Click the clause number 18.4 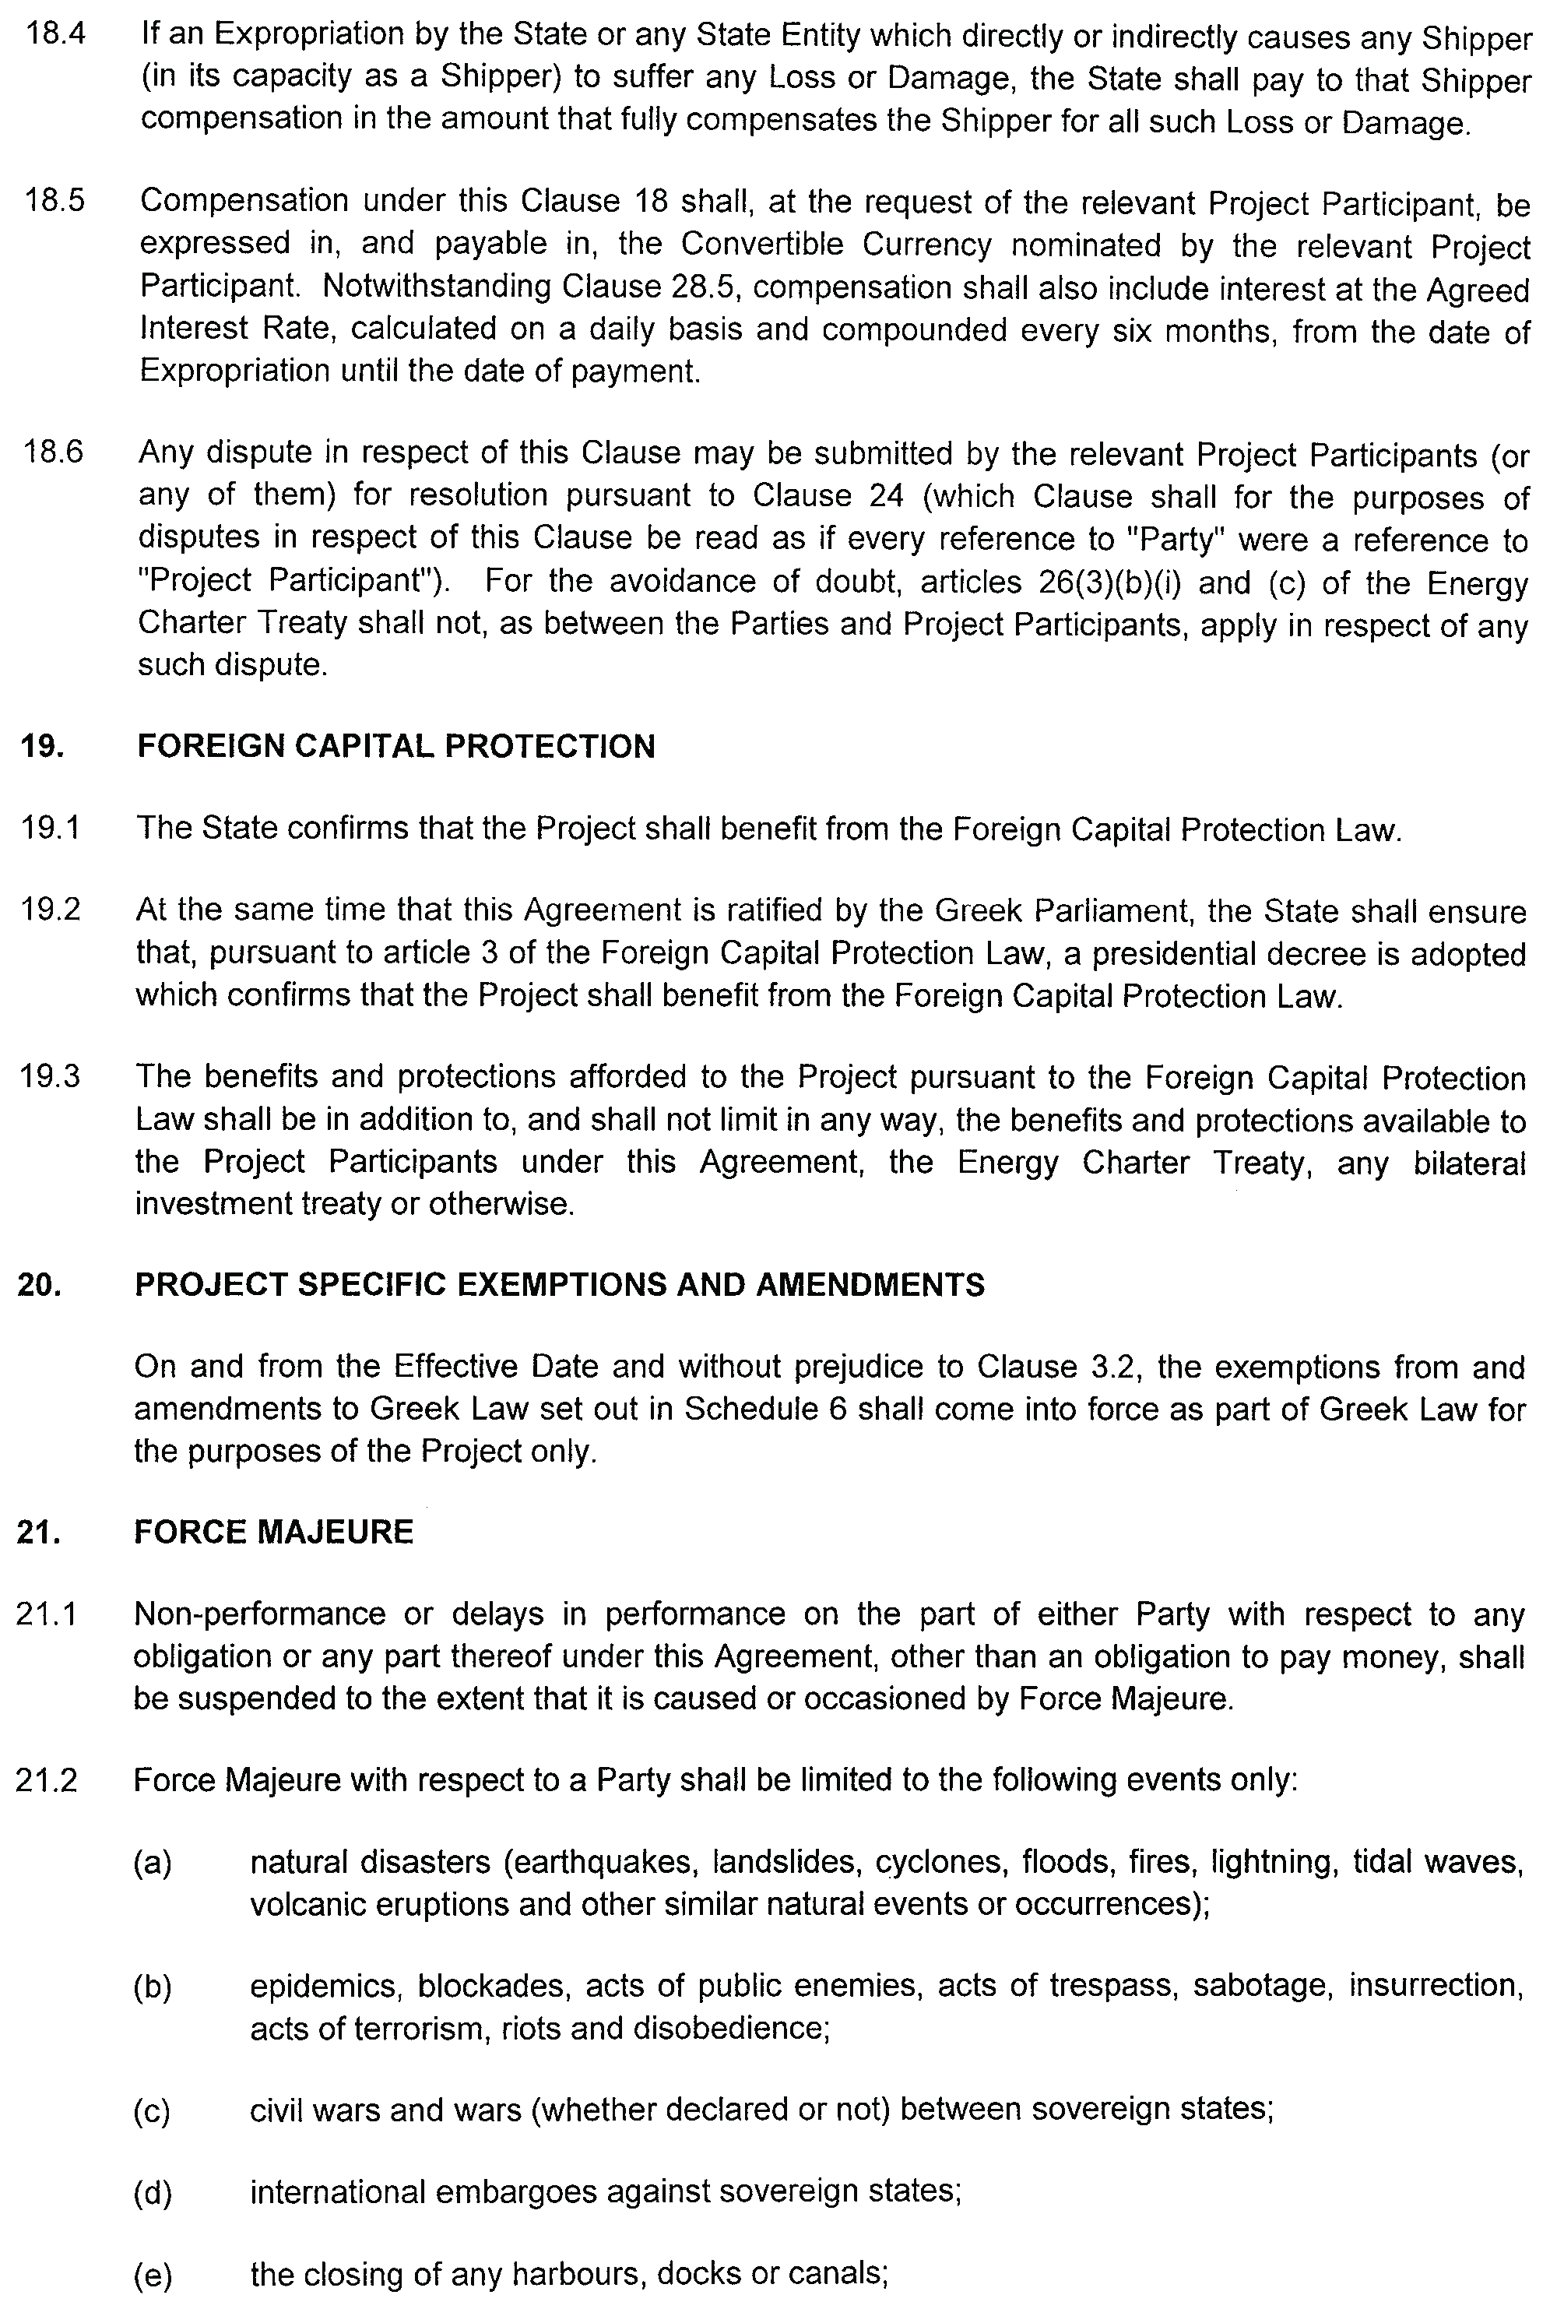(x=54, y=35)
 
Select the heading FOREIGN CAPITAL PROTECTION (x=395, y=746)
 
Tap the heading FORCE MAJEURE (x=273, y=1533)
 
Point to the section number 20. (x=39, y=1285)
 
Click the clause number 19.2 (x=51, y=910)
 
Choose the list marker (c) (x=152, y=2110)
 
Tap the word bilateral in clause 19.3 (x=1468, y=1162)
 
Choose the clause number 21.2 (x=47, y=1781)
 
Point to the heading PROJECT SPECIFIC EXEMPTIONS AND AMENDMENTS (x=559, y=1285)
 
